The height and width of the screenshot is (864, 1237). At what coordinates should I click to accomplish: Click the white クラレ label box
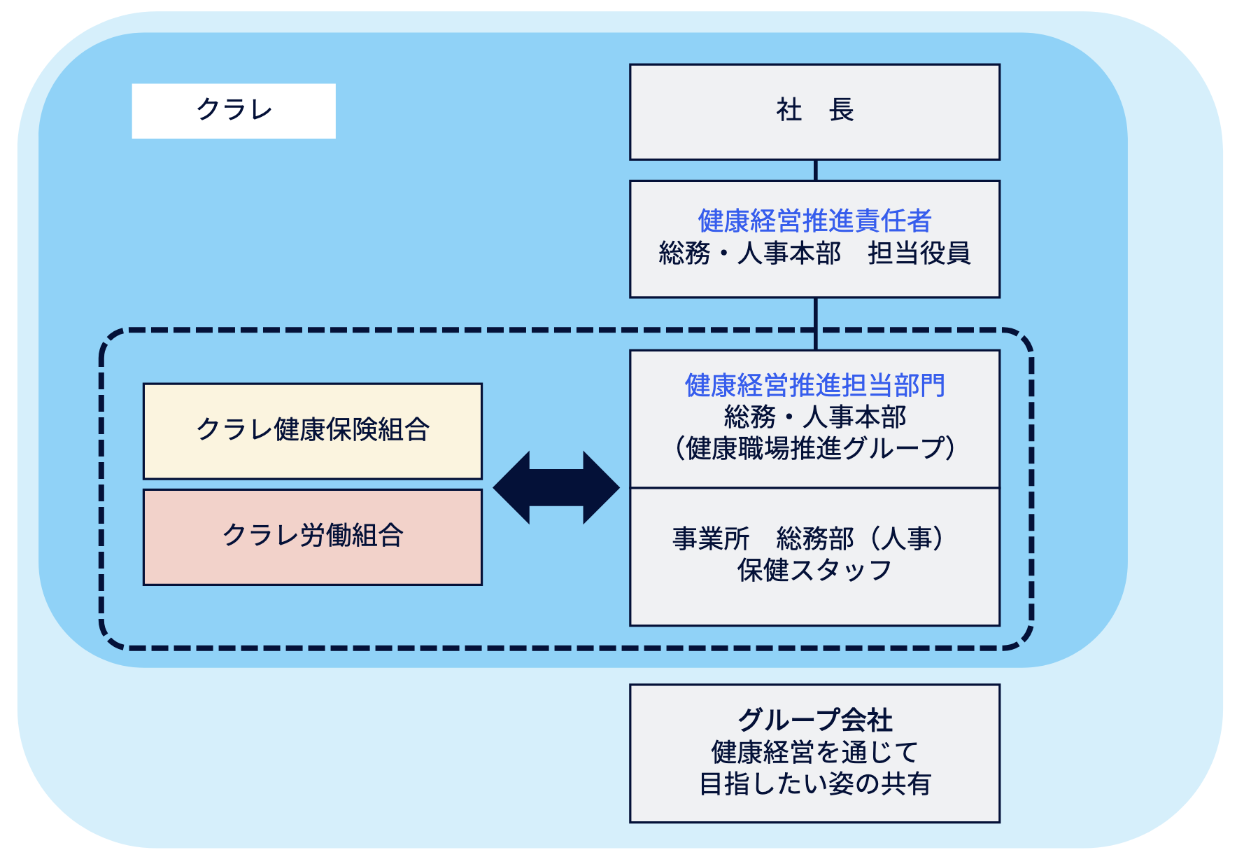234,111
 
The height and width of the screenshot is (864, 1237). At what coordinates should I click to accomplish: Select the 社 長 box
814,112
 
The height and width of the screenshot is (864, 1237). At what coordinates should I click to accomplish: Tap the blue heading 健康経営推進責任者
814,221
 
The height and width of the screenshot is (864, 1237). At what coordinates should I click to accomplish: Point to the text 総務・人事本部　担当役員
814,253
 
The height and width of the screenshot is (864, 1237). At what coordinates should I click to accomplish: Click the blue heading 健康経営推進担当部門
814,385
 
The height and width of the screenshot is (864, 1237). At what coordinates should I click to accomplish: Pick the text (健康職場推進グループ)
814,448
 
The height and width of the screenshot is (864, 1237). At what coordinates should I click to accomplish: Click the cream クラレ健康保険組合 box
313,431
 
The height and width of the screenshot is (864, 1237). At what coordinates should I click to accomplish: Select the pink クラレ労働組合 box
313,537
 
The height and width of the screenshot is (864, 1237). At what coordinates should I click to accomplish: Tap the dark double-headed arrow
556,488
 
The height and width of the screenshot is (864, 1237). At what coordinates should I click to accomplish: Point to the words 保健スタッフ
814,570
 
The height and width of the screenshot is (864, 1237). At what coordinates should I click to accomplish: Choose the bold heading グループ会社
815,720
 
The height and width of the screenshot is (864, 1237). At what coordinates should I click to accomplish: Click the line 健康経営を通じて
814,752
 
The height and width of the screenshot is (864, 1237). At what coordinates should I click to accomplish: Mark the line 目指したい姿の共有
814,783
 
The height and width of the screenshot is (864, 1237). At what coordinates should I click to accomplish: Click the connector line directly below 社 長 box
816,171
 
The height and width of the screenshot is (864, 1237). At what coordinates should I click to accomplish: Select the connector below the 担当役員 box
816,324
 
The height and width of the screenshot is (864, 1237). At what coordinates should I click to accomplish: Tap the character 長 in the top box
841,110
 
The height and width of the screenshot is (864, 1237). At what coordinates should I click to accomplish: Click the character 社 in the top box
789,110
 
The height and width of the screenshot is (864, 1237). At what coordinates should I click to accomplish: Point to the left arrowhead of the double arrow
511,488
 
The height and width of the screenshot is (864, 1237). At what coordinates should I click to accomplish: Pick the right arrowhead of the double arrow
602,488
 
